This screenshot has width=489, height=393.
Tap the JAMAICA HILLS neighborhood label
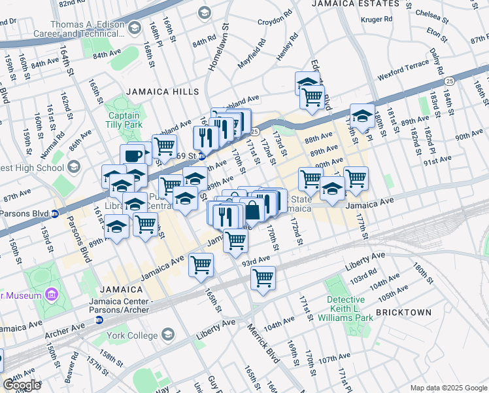(158, 92)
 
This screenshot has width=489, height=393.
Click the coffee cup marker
(133, 156)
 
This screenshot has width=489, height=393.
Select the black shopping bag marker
(252, 211)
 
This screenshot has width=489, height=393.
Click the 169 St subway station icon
(203, 157)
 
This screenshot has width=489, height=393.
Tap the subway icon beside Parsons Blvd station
(55, 213)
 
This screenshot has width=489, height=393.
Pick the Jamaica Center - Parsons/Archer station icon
(99, 320)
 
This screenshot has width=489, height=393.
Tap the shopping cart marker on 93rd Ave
(263, 278)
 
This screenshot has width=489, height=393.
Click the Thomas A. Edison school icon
(134, 28)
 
